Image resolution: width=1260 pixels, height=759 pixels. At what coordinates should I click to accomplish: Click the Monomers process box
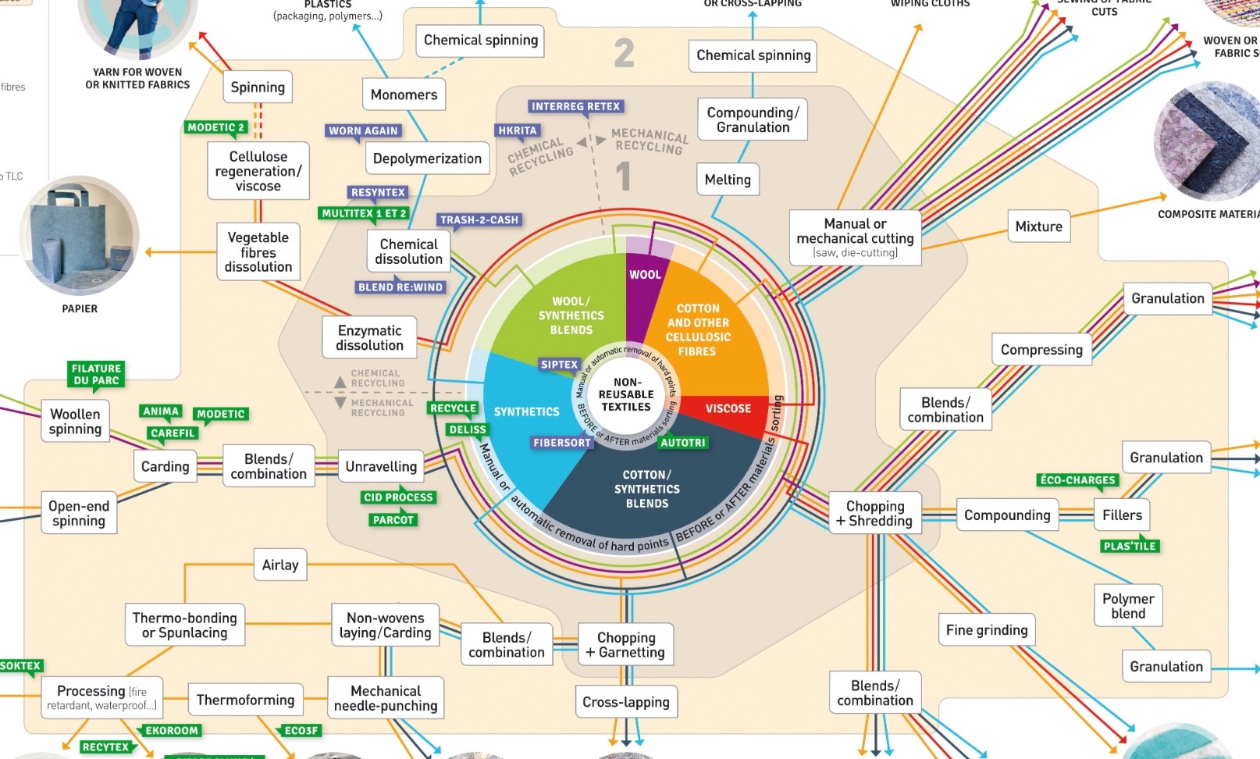404,94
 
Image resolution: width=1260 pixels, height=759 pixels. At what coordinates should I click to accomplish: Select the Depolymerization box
427,159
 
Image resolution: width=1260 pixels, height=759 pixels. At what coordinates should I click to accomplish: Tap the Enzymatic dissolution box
370,337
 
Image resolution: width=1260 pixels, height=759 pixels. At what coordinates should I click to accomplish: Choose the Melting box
728,180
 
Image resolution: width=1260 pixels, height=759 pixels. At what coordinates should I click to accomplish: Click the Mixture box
1038,226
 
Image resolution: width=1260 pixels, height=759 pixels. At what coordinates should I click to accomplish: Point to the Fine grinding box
987,630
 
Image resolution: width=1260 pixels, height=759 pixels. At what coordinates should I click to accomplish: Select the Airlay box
280,565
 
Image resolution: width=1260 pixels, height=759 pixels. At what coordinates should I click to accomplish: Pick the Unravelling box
381,466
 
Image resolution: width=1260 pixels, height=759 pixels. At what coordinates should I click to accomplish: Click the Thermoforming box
245,700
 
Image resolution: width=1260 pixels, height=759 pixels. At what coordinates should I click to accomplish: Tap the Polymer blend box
1128,606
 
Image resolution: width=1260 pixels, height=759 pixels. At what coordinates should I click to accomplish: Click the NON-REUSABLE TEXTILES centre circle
626,394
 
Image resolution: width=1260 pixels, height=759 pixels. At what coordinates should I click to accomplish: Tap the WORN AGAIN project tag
363,130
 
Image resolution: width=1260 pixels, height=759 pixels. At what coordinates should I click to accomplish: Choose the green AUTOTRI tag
682,443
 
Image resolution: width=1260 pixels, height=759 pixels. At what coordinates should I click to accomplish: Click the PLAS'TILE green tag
1129,546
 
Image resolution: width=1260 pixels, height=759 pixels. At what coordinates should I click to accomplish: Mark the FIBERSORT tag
562,443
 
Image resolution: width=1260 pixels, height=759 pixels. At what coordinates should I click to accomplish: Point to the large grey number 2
624,53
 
